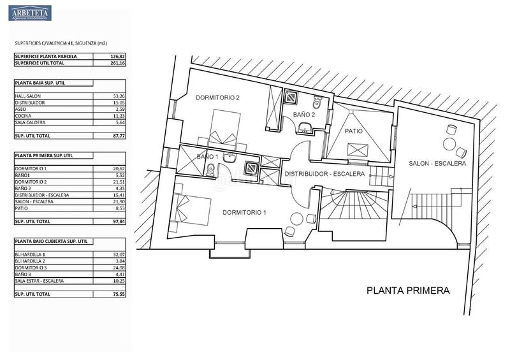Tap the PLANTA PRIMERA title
click(408, 291)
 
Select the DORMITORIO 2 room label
click(217, 97)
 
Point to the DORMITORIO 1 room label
click(244, 212)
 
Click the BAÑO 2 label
click(303, 113)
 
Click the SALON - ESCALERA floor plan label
click(437, 164)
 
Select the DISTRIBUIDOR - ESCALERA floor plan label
click(324, 174)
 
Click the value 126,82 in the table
click(102, 56)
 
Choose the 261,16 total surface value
click(102, 63)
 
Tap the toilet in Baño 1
click(210, 169)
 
